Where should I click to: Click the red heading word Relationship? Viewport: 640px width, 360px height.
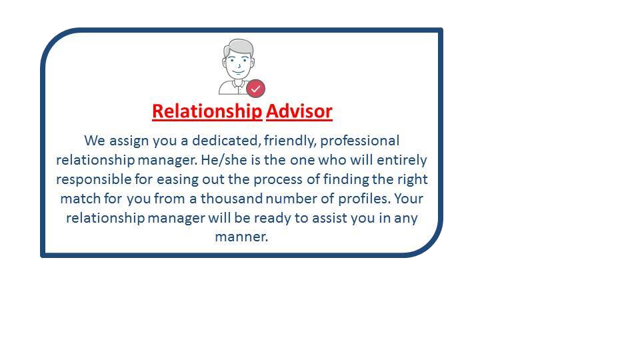click(x=207, y=111)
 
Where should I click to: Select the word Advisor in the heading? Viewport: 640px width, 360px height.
click(x=299, y=111)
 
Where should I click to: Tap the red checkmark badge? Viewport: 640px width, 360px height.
click(x=255, y=89)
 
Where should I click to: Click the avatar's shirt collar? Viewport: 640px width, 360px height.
click(x=236, y=84)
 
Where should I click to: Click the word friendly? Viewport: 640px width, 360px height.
click(x=290, y=141)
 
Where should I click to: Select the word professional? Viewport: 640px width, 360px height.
click(x=359, y=141)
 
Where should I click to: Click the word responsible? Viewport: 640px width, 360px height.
click(x=94, y=179)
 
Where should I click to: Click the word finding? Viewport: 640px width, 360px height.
click(x=346, y=179)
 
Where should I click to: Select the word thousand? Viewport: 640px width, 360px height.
click(x=231, y=199)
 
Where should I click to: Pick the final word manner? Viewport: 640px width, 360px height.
click(x=241, y=237)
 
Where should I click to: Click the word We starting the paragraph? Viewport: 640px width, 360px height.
click(x=95, y=141)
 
